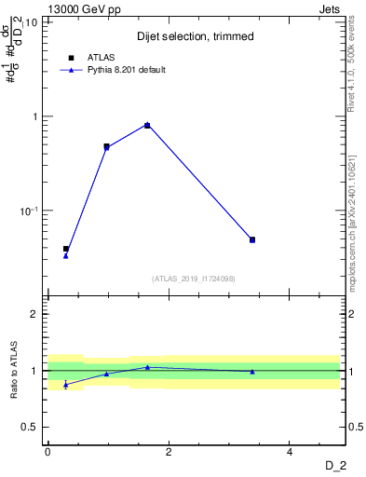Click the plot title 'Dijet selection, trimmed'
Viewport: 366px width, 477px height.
pos(195,36)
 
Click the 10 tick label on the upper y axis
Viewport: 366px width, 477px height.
pos(32,22)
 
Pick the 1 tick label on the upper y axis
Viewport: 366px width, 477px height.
pos(35,116)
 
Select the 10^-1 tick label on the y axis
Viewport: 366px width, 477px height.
pos(30,211)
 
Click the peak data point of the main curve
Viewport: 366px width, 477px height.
pos(147,125)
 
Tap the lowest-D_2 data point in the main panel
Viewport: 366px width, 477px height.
pos(66,250)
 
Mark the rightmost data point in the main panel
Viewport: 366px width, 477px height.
pos(252,239)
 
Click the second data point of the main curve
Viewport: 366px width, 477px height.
pos(106,146)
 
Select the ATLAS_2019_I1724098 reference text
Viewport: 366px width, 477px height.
pos(194,278)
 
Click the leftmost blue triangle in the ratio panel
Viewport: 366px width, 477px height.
pos(65,384)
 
